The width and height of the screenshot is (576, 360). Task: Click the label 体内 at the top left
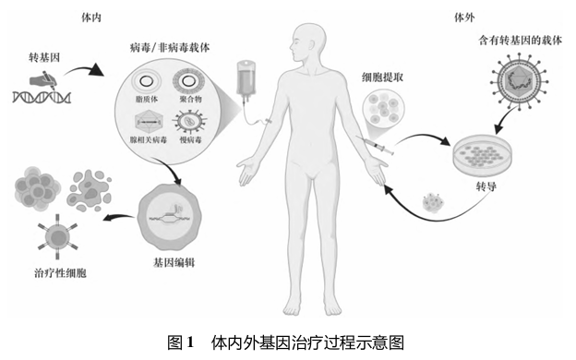tap(91, 18)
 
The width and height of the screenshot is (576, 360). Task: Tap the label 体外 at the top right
tap(464, 18)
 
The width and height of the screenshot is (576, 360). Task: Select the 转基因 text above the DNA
tap(44, 57)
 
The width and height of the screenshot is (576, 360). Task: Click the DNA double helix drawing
tap(42, 97)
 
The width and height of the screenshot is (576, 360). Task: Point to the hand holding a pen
tap(43, 81)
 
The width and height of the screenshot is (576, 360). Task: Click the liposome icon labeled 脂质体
tap(146, 81)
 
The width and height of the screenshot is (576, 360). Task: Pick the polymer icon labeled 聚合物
tap(189, 81)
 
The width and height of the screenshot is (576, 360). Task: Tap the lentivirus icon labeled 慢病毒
tap(190, 122)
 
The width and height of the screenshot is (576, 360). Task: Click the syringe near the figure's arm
tap(375, 144)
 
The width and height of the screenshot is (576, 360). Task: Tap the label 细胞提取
tap(383, 78)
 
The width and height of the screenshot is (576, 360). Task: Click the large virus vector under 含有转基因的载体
tap(520, 81)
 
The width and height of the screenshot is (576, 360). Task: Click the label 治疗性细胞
tap(60, 273)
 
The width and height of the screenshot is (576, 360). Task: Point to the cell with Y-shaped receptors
tap(58, 237)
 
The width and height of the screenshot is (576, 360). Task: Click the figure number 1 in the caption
tap(190, 342)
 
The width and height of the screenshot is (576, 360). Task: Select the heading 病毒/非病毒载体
tap(170, 47)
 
